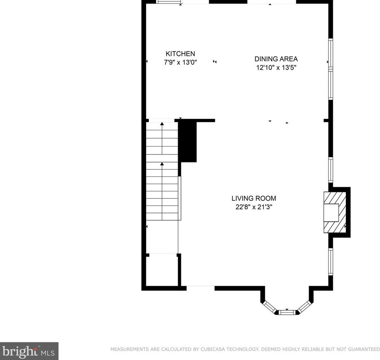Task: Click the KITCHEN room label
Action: tap(180, 53)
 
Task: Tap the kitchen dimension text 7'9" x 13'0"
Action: tap(180, 62)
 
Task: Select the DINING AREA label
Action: tap(276, 59)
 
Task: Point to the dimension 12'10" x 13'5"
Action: tap(277, 68)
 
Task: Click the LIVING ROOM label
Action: tap(254, 198)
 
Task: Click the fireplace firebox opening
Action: tap(331, 212)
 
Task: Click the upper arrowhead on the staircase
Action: tap(162, 124)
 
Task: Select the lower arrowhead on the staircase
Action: tap(162, 164)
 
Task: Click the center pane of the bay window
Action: tap(287, 312)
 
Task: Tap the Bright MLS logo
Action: tap(29, 351)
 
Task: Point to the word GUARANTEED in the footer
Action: tap(364, 349)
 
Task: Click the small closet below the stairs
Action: tap(162, 270)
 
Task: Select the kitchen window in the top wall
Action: tap(169, 2)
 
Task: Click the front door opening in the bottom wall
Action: tap(201, 288)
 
